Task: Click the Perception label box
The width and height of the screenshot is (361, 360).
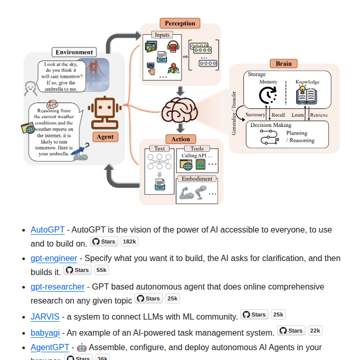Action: pyautogui.click(x=180, y=23)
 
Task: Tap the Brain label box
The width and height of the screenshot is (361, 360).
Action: pyautogui.click(x=283, y=64)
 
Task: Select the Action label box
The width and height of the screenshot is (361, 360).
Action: pyautogui.click(x=180, y=139)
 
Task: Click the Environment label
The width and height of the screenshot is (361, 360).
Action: pyautogui.click(x=75, y=52)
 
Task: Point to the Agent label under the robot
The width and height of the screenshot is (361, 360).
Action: pyautogui.click(x=105, y=137)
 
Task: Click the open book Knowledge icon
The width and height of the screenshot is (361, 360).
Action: pyautogui.click(x=307, y=96)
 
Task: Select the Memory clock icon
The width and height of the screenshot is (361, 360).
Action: pyautogui.click(x=268, y=95)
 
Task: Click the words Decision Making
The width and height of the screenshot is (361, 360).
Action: pyautogui.click(x=271, y=125)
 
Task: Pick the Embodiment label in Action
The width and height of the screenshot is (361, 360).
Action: pyautogui.click(x=197, y=179)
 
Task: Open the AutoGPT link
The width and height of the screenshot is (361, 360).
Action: pyautogui.click(x=48, y=229)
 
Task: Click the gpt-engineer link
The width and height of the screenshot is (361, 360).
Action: pyautogui.click(x=54, y=258)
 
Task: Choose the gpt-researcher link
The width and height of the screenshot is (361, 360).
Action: pyautogui.click(x=58, y=286)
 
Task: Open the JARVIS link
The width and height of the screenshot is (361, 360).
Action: pyautogui.click(x=45, y=316)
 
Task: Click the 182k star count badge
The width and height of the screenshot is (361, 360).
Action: pyautogui.click(x=129, y=241)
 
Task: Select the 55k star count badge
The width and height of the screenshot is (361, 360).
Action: pyautogui.click(x=101, y=270)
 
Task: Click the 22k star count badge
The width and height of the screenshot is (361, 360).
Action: pyautogui.click(x=315, y=330)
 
